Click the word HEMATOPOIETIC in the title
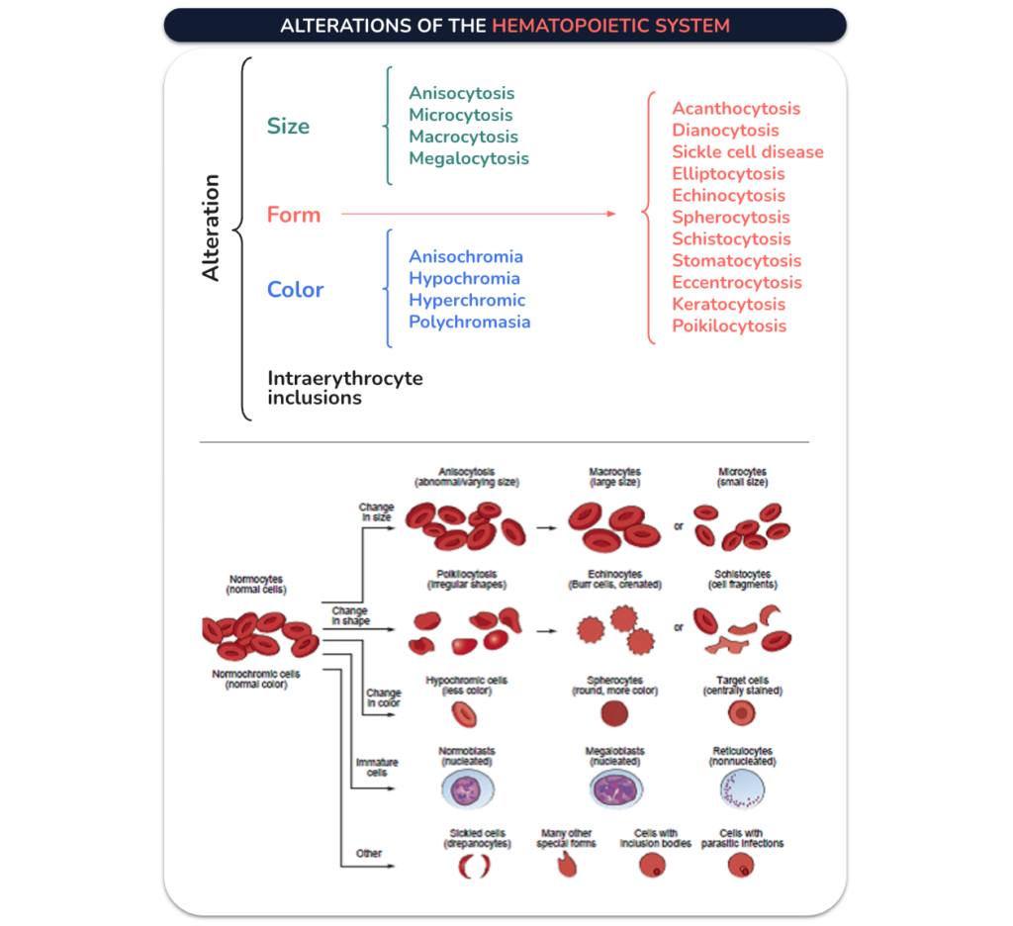(x=571, y=26)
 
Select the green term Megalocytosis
(x=469, y=158)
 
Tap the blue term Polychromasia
(x=470, y=322)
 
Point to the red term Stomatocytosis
(x=736, y=261)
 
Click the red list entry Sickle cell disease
(x=748, y=151)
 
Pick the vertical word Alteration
(x=211, y=228)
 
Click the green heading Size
(x=288, y=126)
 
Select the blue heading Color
(x=295, y=290)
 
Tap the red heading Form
(x=294, y=215)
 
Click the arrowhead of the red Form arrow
(x=612, y=214)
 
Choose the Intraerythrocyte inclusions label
(x=345, y=388)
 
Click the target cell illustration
(x=742, y=713)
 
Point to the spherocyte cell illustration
(x=614, y=714)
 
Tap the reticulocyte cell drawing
(x=742, y=789)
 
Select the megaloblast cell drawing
(x=615, y=789)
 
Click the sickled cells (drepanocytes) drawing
(x=475, y=866)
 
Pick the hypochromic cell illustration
(x=465, y=714)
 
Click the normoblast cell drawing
(x=468, y=789)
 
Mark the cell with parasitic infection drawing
(x=741, y=865)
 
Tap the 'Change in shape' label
(x=350, y=615)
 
